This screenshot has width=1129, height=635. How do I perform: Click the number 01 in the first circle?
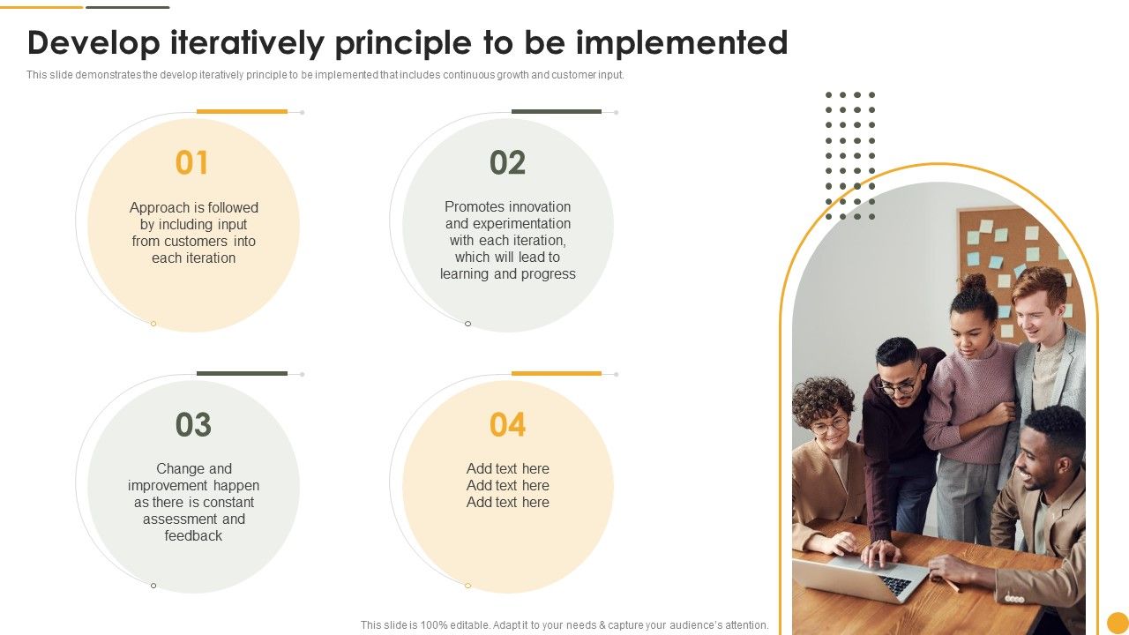[x=192, y=163]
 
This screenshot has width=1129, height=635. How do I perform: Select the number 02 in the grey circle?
[x=507, y=163]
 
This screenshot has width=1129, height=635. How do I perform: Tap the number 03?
[x=193, y=425]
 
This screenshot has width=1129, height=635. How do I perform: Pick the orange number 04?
[x=507, y=425]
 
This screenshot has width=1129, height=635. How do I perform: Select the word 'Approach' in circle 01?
[x=160, y=208]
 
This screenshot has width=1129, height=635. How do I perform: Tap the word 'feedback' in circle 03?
[x=193, y=536]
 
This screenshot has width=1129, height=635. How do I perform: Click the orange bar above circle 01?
[x=242, y=112]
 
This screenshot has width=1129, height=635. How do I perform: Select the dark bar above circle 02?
[x=557, y=112]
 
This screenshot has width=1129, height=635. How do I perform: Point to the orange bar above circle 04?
[x=557, y=374]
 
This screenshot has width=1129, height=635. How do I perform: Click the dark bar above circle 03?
[x=242, y=374]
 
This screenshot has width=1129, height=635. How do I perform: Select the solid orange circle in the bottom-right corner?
[x=1118, y=623]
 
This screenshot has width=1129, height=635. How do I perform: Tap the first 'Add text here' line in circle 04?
[x=507, y=469]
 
